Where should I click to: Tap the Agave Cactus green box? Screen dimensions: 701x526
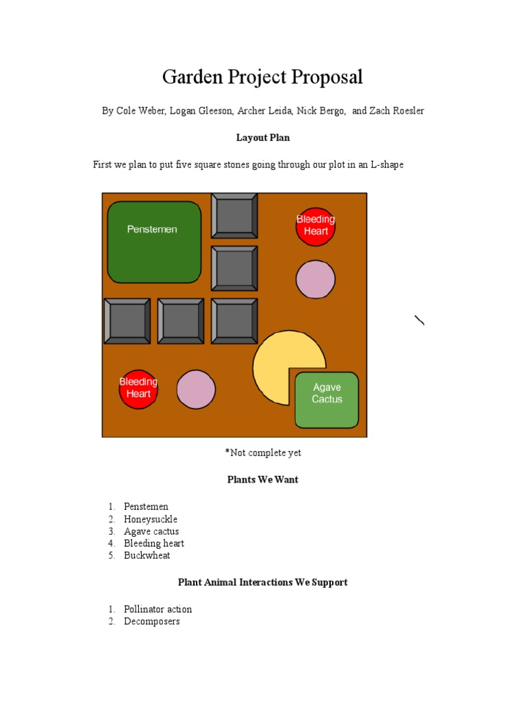click(327, 400)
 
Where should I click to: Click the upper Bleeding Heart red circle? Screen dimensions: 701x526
click(316, 226)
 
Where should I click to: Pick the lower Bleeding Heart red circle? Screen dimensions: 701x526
click(138, 389)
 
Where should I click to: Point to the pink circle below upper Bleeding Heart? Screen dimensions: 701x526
click(316, 279)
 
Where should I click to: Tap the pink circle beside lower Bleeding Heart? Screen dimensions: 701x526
click(197, 389)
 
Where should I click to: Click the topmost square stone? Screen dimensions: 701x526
click(234, 216)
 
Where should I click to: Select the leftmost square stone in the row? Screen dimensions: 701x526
click(127, 321)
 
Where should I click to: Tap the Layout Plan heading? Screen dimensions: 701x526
click(263, 138)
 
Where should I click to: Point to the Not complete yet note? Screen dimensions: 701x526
click(263, 453)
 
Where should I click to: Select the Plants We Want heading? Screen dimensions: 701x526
click(263, 480)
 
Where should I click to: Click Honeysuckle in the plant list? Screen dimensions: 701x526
click(151, 520)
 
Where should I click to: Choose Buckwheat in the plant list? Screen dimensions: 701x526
click(147, 556)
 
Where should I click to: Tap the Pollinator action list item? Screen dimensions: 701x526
click(158, 609)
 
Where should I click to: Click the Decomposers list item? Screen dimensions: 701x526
click(152, 622)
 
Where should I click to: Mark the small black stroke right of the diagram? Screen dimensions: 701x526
click(419, 320)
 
